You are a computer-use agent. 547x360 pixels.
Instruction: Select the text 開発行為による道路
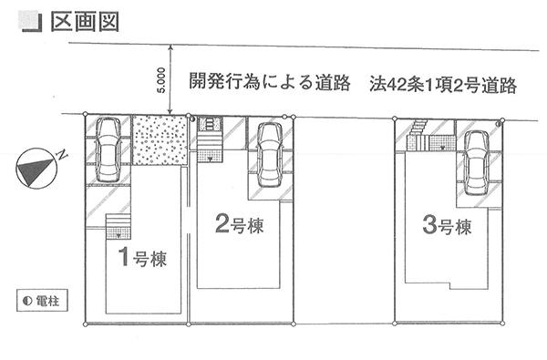coord(269,83)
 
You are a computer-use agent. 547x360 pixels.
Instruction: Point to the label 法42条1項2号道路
coord(444,85)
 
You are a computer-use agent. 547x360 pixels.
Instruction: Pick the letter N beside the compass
coord(62,156)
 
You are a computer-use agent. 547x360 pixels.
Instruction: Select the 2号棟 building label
coord(240,224)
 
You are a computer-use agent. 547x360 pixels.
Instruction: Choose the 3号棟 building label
coord(446,224)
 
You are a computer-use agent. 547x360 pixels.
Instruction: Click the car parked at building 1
coord(108,150)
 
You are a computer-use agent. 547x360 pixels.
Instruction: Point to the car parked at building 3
coord(476,161)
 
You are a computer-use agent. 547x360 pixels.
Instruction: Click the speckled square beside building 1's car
coord(159,140)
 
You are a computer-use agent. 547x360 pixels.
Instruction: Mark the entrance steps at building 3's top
coord(418,133)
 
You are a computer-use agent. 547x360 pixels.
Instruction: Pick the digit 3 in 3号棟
coord(428,223)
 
